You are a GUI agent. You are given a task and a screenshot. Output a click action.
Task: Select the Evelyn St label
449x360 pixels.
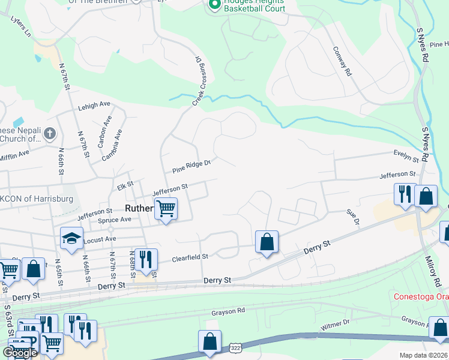[406, 157]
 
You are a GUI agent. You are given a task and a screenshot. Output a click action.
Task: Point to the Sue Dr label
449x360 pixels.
[352, 217]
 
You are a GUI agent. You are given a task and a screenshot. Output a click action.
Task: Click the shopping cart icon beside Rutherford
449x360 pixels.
[166, 209]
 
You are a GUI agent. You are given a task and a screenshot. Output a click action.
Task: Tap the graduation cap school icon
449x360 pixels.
[71, 238]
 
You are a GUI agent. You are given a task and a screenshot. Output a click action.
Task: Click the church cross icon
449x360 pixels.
[50, 133]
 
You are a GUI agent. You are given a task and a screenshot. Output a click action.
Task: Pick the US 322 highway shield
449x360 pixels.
[234, 348]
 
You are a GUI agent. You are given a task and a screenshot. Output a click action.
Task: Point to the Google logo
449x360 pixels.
[20, 352]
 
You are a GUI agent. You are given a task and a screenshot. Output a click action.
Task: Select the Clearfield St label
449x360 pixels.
[190, 257]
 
